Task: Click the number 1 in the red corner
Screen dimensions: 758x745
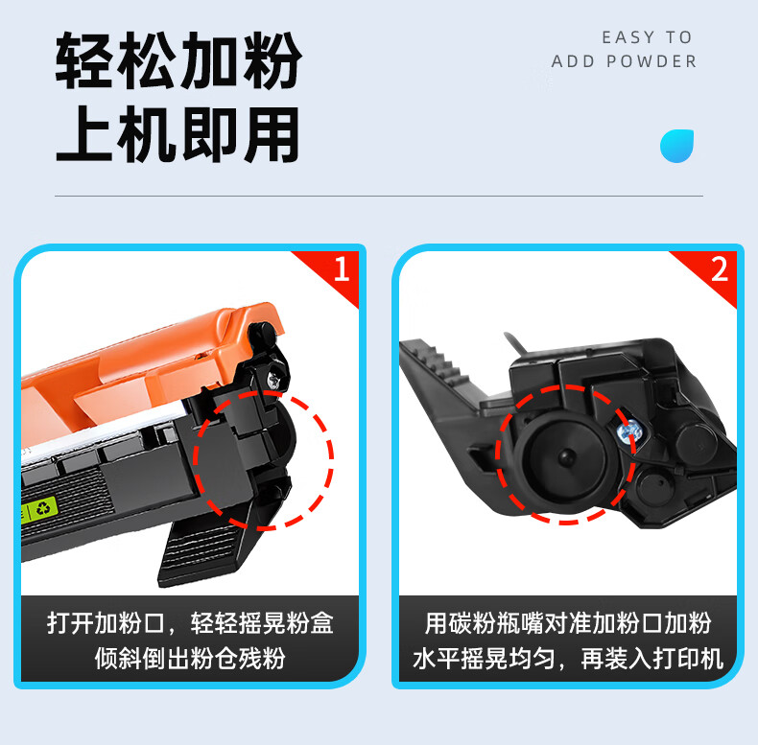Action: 342,268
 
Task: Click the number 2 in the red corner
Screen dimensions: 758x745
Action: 720,269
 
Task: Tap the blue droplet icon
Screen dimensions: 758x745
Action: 676,146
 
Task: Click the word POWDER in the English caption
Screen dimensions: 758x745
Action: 651,61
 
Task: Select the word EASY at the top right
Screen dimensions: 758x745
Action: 628,37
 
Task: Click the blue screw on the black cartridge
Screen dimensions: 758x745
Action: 628,431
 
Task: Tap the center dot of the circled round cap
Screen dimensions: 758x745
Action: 565,455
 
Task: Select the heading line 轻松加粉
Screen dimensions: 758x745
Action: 178,60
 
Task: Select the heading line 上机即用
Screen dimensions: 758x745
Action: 178,134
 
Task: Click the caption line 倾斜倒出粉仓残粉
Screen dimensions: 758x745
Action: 190,658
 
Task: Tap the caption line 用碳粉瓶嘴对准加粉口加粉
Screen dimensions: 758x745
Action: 568,623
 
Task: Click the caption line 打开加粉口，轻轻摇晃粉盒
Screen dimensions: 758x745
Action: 190,623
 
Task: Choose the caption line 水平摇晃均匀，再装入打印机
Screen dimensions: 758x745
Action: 568,658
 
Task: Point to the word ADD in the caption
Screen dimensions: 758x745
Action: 573,61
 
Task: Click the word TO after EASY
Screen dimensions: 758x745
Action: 678,37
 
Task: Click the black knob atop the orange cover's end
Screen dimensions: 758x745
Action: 262,334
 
